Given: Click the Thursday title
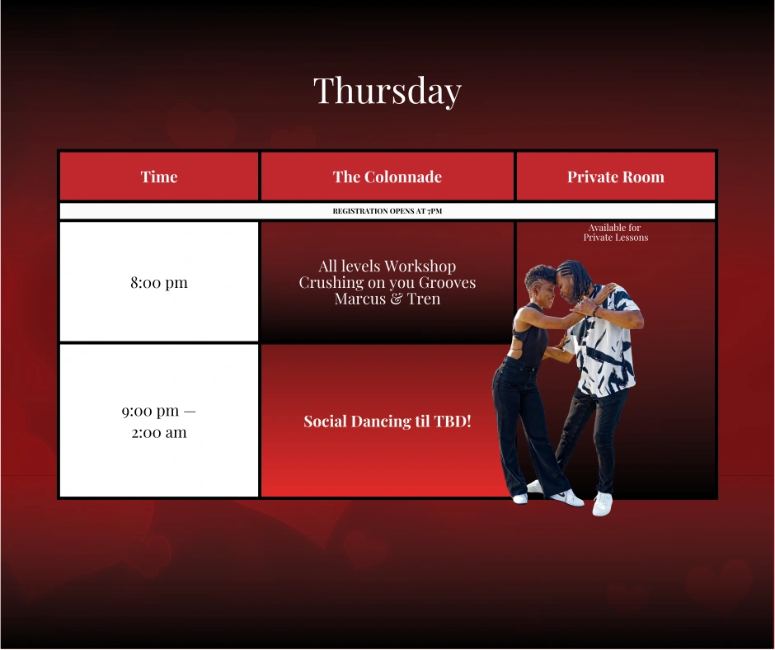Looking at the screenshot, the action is [x=387, y=91].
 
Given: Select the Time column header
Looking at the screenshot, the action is [x=158, y=177].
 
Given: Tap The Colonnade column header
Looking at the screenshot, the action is [x=387, y=177].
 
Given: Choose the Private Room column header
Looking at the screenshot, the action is [x=615, y=177].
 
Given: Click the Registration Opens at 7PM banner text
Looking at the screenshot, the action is [x=387, y=210].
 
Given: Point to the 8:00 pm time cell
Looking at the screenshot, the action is [x=158, y=282].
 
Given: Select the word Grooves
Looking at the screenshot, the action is [x=447, y=282].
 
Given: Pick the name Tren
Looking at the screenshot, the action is [x=424, y=299].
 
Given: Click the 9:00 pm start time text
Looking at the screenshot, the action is [x=150, y=411].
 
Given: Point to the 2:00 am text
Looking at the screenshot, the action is [x=158, y=433].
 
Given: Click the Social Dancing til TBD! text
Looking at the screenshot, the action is [x=387, y=421].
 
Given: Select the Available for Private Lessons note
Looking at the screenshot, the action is [x=615, y=233].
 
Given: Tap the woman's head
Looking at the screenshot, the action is [x=542, y=283].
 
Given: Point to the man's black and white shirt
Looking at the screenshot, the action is [x=605, y=341].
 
